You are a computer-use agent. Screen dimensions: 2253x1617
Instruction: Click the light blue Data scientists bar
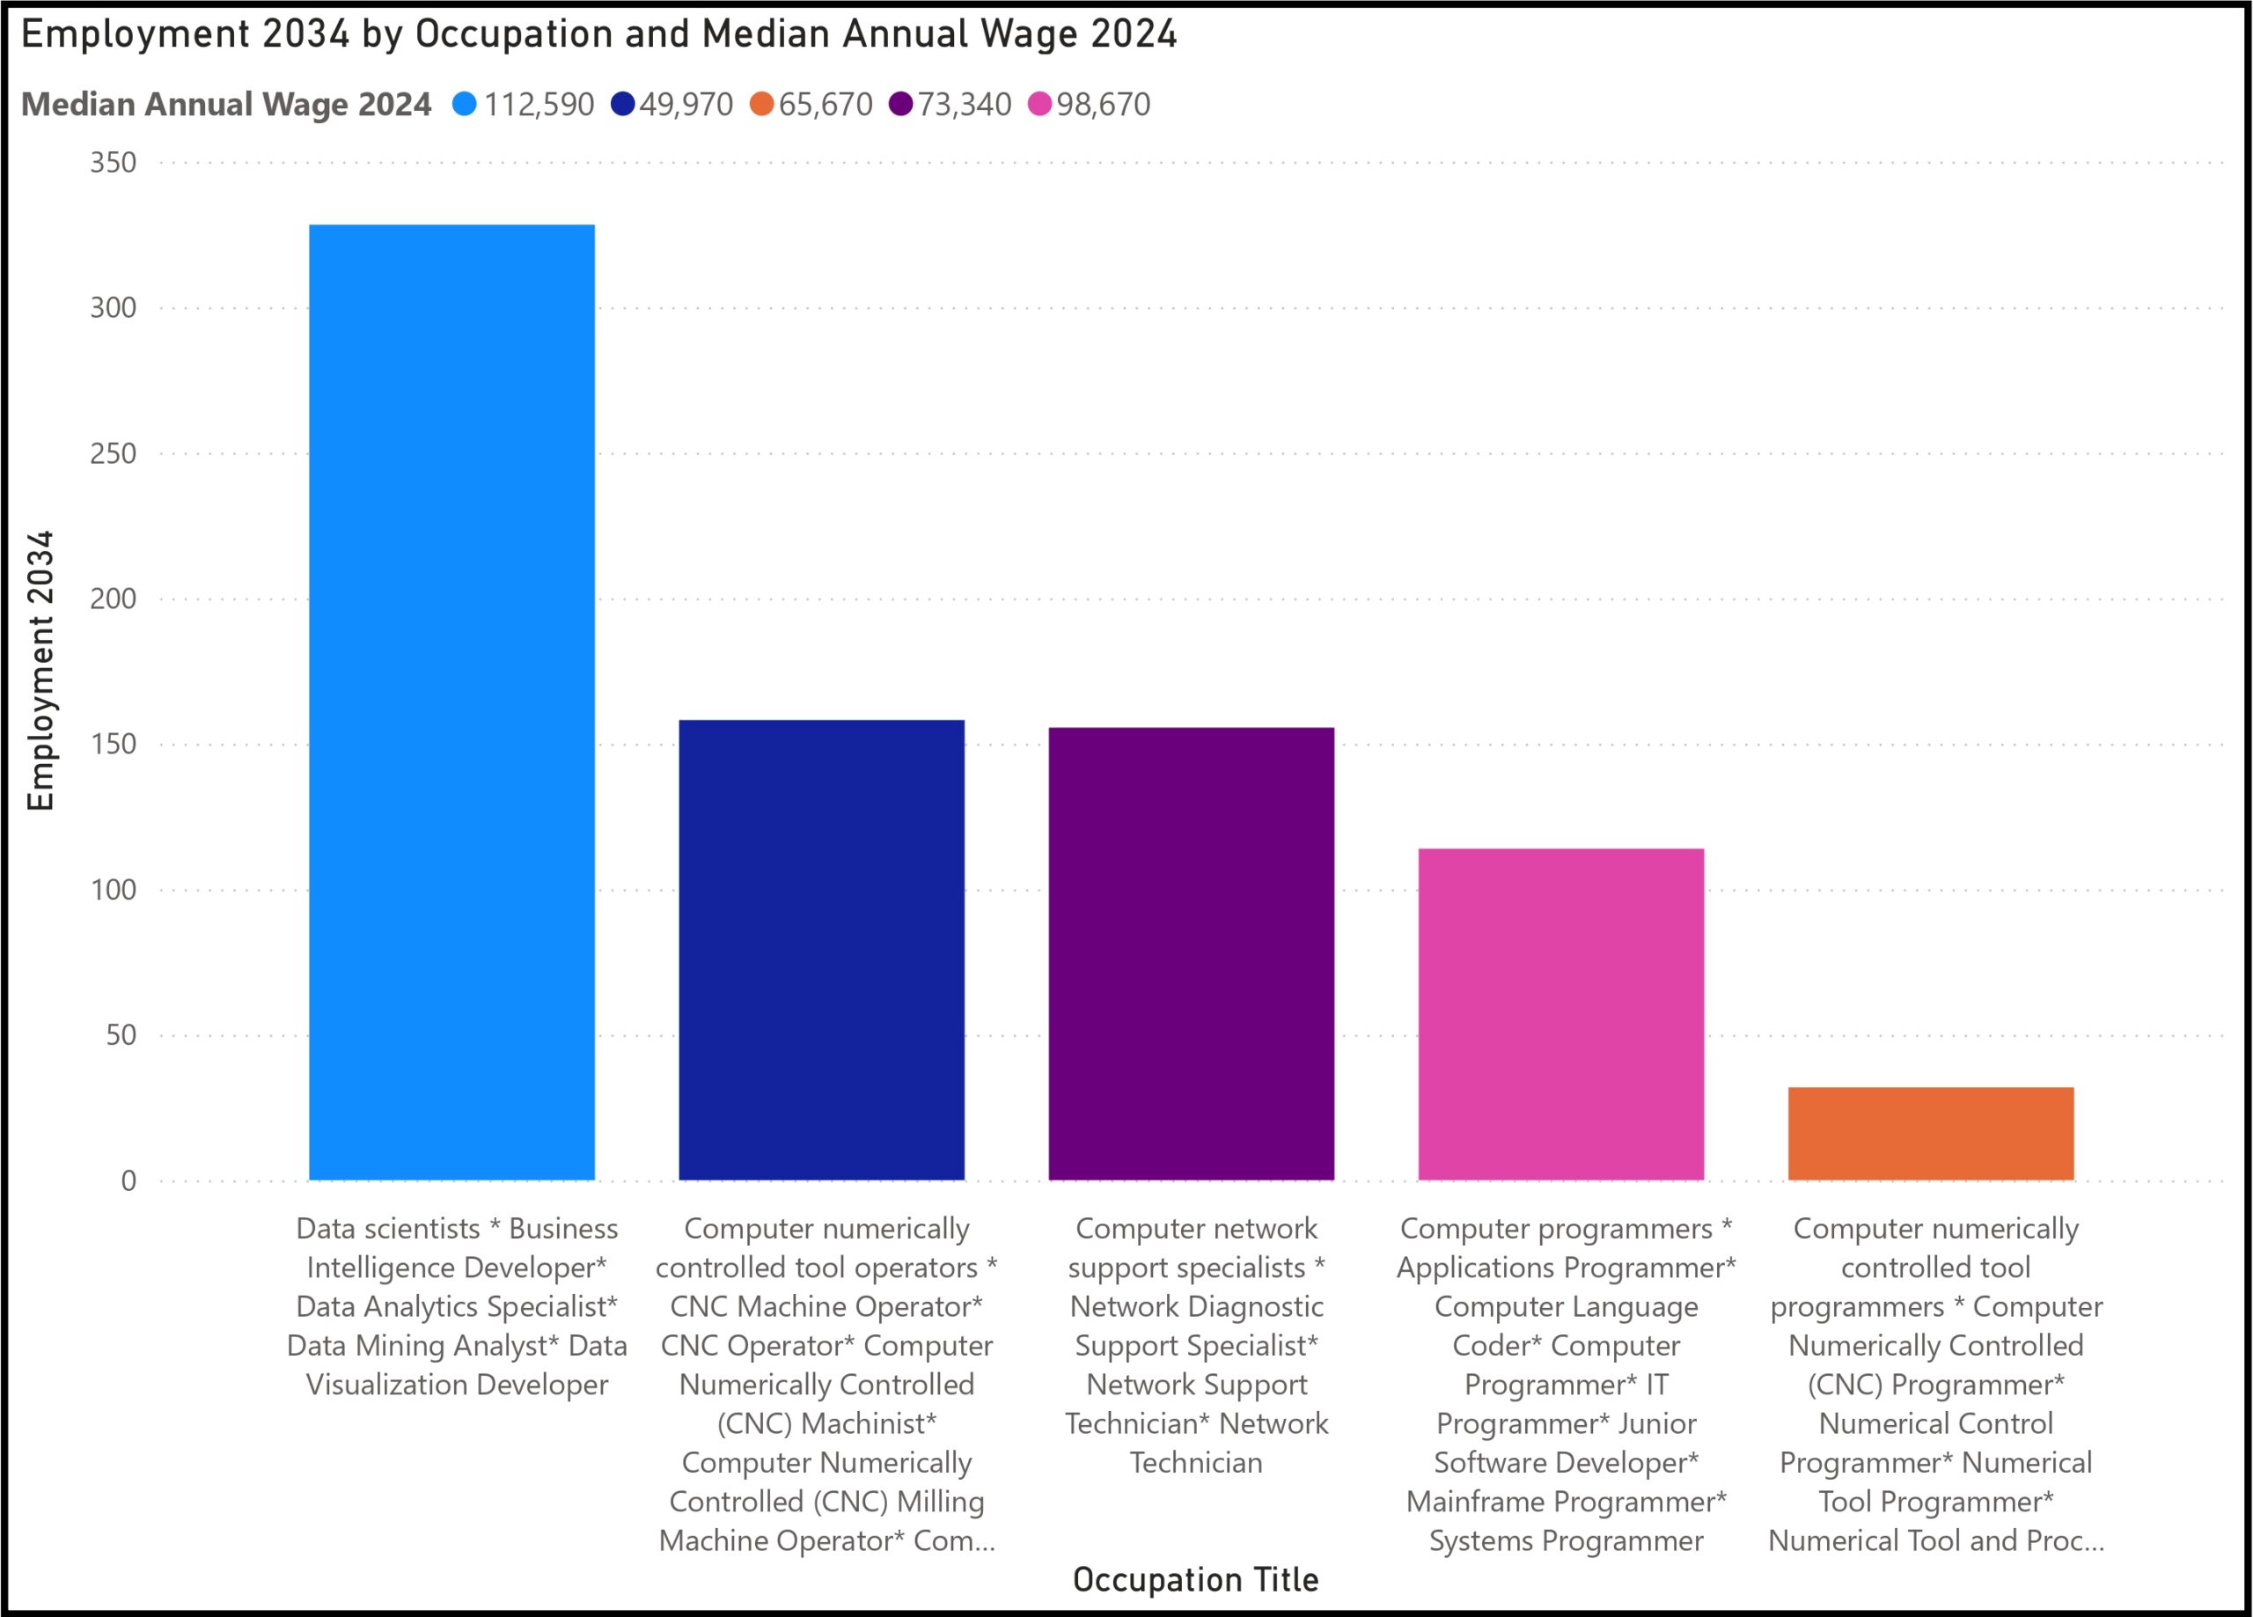click(452, 702)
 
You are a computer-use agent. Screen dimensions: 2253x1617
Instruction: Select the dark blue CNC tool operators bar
click(821, 950)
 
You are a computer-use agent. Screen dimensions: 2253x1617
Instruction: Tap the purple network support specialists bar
click(1191, 954)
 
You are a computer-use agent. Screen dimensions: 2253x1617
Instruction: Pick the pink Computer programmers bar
click(1560, 1015)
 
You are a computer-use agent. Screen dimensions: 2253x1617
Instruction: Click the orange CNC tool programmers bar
click(1931, 1134)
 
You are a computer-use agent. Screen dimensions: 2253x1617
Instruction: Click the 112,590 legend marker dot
click(464, 105)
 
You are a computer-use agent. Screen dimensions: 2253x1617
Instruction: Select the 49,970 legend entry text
click(686, 105)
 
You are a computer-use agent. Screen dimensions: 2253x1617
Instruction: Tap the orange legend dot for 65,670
click(762, 105)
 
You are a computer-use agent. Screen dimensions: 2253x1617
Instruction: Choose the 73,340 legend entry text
click(964, 105)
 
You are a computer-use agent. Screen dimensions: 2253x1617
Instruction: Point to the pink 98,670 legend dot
click(1040, 105)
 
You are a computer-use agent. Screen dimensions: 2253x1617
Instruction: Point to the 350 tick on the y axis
click(114, 163)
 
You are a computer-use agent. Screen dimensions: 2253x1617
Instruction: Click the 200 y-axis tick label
click(114, 599)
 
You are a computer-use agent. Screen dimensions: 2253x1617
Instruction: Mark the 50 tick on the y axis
click(121, 1035)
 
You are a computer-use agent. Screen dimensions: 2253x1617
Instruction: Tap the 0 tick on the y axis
click(129, 1180)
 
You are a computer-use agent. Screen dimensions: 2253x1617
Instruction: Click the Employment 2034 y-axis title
click(40, 671)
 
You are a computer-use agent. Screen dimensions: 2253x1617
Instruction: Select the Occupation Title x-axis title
click(1196, 1579)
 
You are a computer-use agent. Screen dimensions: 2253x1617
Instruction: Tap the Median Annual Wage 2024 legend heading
click(226, 105)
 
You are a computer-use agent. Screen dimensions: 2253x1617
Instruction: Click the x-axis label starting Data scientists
click(457, 1306)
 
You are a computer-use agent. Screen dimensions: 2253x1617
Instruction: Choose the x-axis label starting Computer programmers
click(1567, 1385)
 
